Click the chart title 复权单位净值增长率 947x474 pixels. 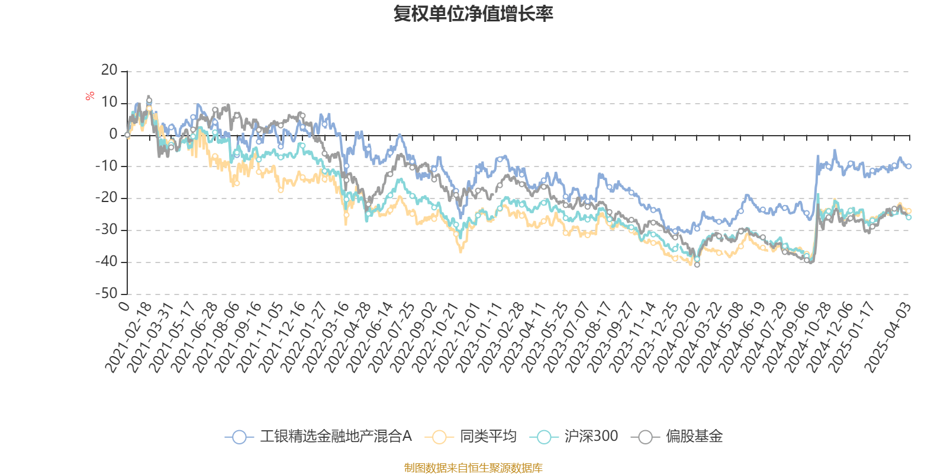(x=473, y=14)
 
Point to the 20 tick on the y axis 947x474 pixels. (x=109, y=71)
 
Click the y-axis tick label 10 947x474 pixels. (x=109, y=103)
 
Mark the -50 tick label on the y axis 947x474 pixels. (x=107, y=293)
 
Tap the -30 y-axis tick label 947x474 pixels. (x=107, y=230)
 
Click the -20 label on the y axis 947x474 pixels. (x=107, y=198)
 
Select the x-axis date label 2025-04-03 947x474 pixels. (x=888, y=337)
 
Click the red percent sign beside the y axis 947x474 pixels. (x=90, y=96)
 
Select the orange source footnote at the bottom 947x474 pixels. (x=473, y=468)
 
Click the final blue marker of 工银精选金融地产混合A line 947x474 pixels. (x=909, y=166)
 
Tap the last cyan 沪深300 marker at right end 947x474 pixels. (x=909, y=217)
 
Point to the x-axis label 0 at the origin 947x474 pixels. (x=124, y=306)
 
